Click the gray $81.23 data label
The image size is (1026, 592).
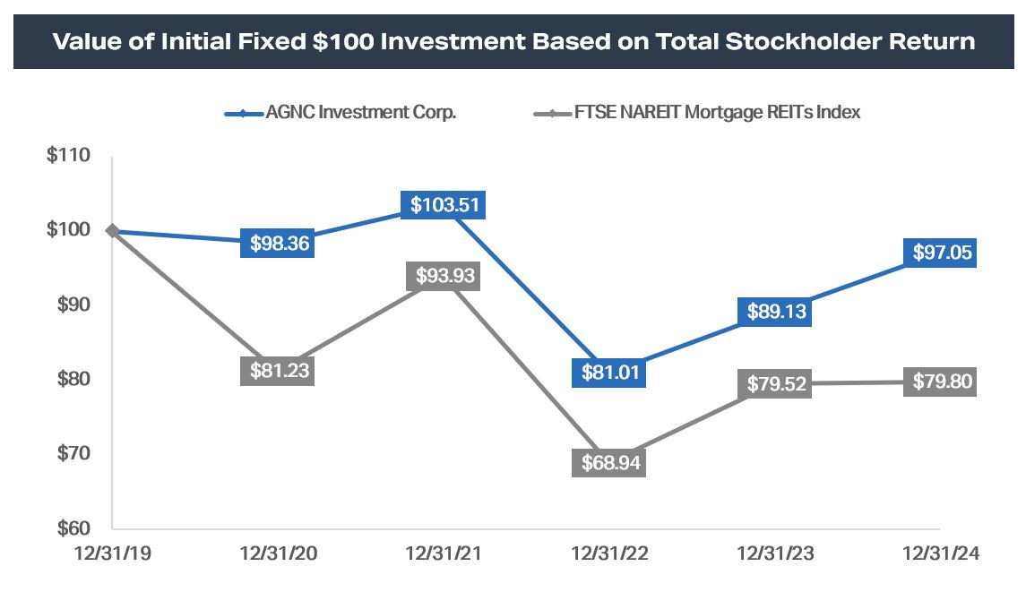278,370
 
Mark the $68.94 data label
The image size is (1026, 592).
609,463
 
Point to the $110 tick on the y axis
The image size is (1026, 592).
68,156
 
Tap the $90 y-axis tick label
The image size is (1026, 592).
72,305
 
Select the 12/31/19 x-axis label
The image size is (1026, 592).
111,555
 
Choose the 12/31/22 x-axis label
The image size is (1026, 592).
609,555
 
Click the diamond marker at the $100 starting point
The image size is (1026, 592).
112,230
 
